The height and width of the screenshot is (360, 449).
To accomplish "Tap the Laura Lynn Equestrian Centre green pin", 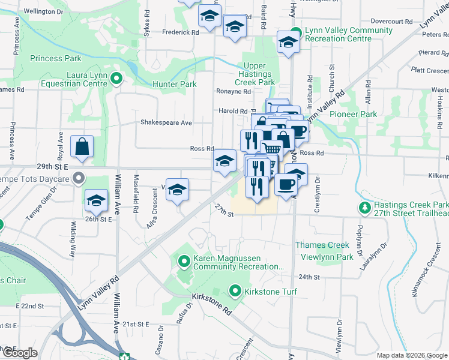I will (118, 77).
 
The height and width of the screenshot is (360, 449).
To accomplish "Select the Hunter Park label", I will (175, 85).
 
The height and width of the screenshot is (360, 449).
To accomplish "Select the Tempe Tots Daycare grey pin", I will (78, 178).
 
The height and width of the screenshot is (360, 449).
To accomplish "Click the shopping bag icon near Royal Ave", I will (82, 146).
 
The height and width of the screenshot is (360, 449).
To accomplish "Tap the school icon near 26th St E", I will (96, 201).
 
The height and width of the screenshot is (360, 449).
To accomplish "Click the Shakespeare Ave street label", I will (166, 123).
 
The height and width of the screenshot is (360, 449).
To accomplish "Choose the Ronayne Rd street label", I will (233, 92).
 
